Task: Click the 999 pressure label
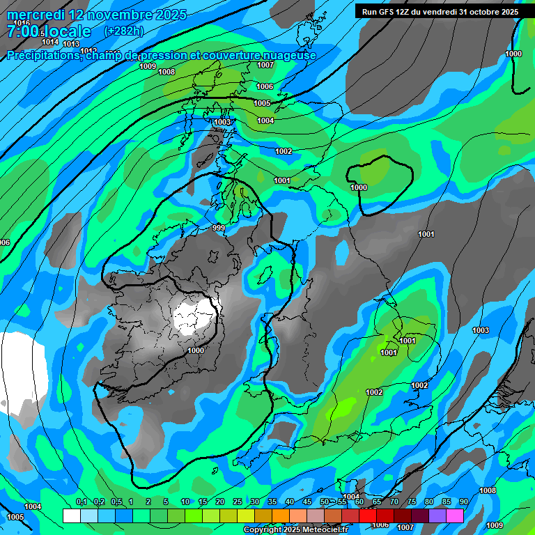(219, 228)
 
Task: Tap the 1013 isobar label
(71, 44)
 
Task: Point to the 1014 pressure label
(50, 42)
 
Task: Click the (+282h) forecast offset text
(124, 31)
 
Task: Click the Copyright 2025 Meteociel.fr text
(295, 530)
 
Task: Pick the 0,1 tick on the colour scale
(82, 502)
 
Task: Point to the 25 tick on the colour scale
(238, 502)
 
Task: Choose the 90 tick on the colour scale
(464, 502)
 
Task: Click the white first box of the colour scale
(71, 515)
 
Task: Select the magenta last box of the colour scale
(455, 515)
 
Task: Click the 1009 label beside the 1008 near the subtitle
(148, 66)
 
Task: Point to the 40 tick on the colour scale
(290, 502)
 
